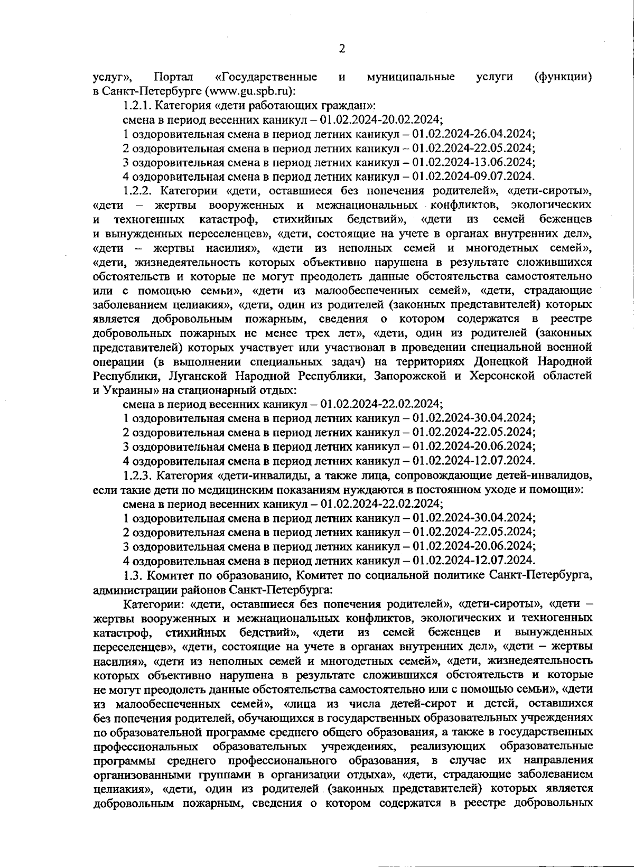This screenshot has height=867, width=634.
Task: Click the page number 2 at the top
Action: click(341, 49)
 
